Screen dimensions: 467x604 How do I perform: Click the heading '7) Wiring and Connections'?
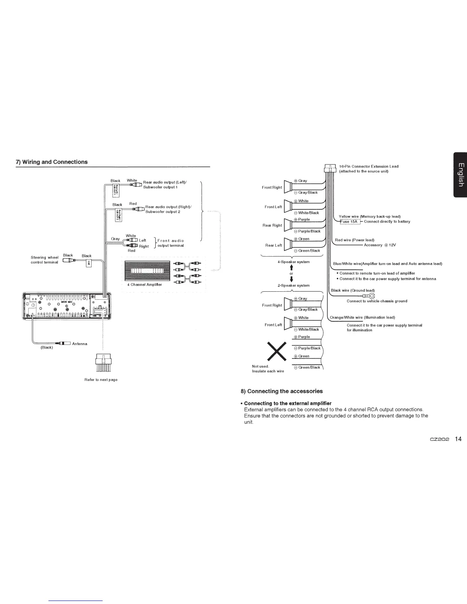(x=52, y=162)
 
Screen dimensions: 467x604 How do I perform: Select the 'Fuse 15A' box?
(x=349, y=221)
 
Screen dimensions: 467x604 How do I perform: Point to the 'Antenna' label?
(x=79, y=344)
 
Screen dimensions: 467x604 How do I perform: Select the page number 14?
(x=458, y=439)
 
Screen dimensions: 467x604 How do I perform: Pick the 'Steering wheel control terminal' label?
(x=44, y=260)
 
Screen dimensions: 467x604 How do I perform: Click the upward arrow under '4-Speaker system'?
(x=291, y=268)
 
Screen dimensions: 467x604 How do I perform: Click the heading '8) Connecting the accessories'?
(x=281, y=391)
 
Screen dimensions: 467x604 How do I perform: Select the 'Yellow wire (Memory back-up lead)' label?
(x=369, y=216)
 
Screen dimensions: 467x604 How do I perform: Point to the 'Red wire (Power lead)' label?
(x=354, y=240)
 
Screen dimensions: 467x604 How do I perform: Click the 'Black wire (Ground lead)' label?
(x=353, y=290)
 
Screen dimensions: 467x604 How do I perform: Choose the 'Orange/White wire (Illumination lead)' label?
(x=362, y=317)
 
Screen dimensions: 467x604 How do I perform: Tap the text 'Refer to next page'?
(x=101, y=379)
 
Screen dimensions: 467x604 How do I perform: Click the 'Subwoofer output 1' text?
(x=159, y=187)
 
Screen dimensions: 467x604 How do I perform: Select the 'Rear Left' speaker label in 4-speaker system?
(x=274, y=245)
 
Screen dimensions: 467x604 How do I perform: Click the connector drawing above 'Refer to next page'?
(x=101, y=363)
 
